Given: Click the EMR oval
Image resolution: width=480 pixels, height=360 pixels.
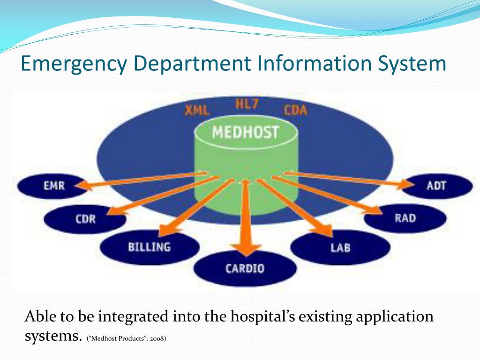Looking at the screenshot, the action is (x=52, y=186).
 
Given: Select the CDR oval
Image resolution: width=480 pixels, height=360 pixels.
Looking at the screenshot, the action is (x=85, y=219).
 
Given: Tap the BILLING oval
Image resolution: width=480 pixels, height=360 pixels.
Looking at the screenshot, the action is (x=150, y=247).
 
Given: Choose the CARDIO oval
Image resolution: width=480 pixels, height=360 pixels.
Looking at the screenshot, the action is (x=245, y=269).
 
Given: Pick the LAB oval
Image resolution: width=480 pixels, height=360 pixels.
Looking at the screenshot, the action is (x=340, y=247).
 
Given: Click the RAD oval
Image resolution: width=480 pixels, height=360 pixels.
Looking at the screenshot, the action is (x=405, y=218).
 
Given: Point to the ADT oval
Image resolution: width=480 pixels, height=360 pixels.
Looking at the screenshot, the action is (x=437, y=186).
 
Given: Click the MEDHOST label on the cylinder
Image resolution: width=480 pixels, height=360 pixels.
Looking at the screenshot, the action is (x=245, y=132).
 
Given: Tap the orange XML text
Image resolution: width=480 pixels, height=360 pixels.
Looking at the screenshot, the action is (x=197, y=110).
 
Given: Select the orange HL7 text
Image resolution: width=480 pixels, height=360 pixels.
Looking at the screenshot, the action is (x=247, y=104).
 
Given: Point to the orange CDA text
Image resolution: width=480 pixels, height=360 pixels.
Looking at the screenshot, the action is (x=295, y=110).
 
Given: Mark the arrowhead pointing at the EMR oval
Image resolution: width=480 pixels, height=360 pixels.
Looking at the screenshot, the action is (x=83, y=185).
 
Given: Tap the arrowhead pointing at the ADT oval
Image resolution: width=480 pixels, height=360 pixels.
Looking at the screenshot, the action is (x=406, y=185).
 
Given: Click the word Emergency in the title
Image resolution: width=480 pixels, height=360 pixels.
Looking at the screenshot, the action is (x=74, y=64).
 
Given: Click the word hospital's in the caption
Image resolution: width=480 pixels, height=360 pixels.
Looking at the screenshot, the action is (x=262, y=316).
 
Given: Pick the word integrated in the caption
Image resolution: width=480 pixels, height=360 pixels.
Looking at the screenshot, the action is (x=133, y=316).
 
